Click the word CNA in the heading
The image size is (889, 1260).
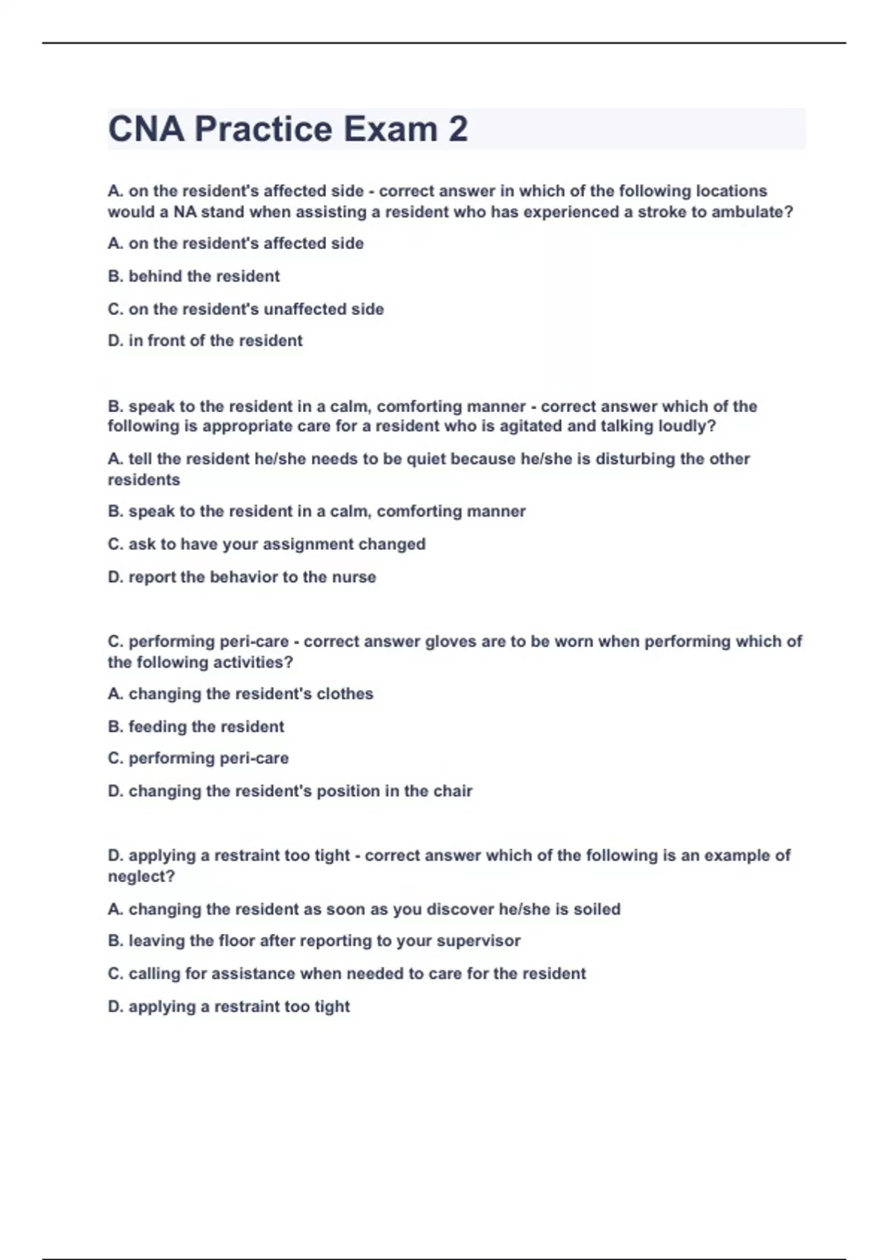click(x=146, y=129)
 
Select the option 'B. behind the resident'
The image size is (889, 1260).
click(x=193, y=276)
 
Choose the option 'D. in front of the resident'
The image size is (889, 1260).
click(x=205, y=341)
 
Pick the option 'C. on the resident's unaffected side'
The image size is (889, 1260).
click(x=245, y=309)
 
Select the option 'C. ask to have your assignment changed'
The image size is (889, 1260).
click(x=267, y=544)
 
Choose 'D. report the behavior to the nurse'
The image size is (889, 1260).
click(x=242, y=577)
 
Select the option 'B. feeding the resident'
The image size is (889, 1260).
click(x=196, y=726)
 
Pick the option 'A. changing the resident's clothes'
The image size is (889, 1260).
click(x=240, y=694)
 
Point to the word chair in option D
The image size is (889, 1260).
click(x=453, y=791)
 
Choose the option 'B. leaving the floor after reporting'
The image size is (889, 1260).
click(x=314, y=941)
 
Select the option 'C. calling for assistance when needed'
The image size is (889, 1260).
click(x=347, y=973)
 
